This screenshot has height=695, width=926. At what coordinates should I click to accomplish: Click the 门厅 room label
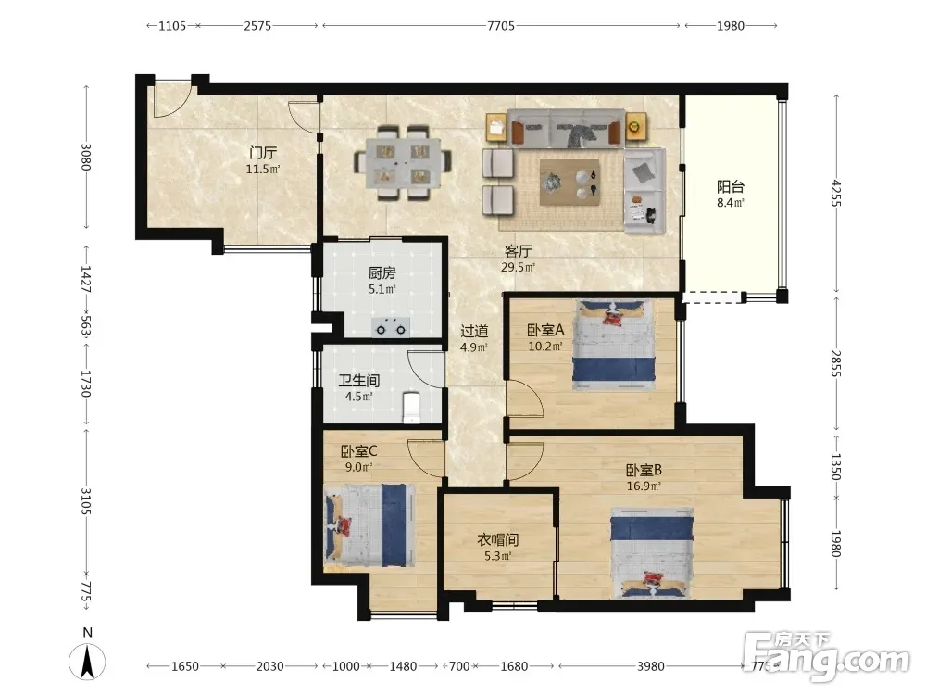click(x=263, y=153)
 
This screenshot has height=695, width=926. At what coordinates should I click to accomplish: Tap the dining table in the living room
click(x=404, y=162)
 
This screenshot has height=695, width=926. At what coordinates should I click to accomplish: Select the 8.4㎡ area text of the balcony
click(x=730, y=203)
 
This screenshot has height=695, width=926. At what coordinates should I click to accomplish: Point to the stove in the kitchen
click(x=391, y=327)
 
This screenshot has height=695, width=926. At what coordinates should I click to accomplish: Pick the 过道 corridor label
click(x=474, y=331)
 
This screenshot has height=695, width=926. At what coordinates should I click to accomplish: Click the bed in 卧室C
click(x=369, y=524)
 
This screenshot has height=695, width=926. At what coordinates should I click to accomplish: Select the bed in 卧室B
click(x=652, y=552)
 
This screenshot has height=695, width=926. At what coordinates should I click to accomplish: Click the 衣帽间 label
click(x=498, y=539)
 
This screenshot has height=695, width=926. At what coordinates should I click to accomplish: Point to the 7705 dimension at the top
click(x=501, y=25)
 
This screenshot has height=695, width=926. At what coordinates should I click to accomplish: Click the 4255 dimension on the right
click(x=835, y=193)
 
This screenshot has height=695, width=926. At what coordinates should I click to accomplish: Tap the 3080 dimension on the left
click(x=86, y=157)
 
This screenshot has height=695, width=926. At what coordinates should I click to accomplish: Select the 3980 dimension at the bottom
click(x=650, y=666)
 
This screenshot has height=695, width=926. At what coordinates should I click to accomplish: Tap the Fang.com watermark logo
click(x=827, y=657)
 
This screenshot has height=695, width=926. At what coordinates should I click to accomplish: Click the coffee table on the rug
click(x=570, y=182)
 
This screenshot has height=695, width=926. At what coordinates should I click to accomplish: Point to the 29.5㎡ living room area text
click(x=518, y=267)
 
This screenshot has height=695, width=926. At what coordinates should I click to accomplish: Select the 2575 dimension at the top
click(x=257, y=25)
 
